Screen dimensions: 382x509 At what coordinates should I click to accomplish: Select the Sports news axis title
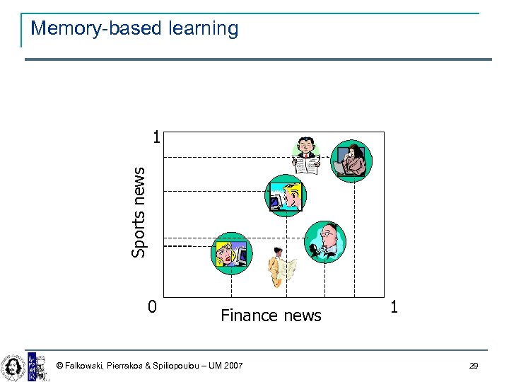point(139,212)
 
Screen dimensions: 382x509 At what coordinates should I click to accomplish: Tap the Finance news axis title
point(271,316)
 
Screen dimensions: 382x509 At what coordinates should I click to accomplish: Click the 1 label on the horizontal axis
point(394,307)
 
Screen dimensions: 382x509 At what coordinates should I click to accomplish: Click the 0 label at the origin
point(152,307)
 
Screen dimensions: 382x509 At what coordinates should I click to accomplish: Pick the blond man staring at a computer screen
point(286,195)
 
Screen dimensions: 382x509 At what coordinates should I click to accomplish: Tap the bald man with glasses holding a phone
point(324,241)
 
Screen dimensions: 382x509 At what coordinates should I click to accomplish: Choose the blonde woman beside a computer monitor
point(232,253)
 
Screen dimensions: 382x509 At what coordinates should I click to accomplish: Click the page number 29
point(474,366)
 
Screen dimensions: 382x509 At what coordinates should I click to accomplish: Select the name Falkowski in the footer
point(86,366)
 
